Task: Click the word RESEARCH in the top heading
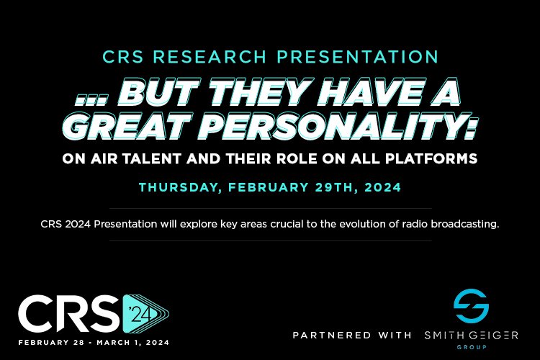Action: coord(210,57)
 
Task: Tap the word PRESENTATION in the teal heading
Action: coord(358,57)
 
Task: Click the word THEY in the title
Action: coord(258,92)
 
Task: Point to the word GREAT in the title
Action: coord(126,125)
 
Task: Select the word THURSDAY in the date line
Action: coord(180,187)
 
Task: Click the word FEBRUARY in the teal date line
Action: coord(268,187)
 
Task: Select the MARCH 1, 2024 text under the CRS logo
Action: coord(133,343)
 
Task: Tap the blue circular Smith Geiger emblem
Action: coord(471,305)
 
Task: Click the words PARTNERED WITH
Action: coord(352,336)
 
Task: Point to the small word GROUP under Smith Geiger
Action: coord(472,347)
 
